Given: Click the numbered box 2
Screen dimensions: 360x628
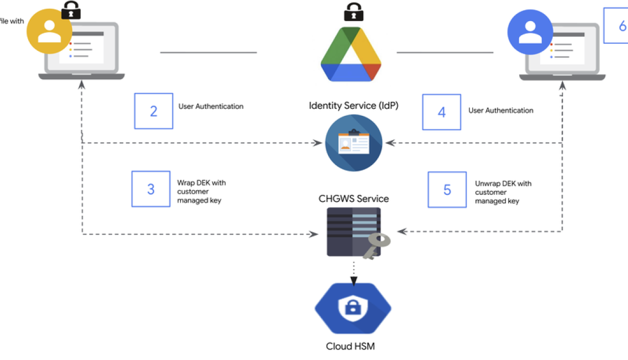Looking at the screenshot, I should click(x=154, y=111).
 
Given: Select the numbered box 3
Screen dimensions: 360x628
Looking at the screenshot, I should click(x=151, y=189).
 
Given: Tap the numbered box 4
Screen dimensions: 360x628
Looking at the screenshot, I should click(x=442, y=112).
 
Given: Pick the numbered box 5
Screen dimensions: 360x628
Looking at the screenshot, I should click(x=447, y=190).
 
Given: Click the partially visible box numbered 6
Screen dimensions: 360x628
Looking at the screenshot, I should click(x=617, y=25).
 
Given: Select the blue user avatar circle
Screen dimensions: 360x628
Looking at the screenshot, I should click(x=531, y=32).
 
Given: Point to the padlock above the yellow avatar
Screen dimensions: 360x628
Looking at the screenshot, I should click(x=71, y=10).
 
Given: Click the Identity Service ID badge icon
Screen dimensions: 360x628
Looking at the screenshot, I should click(x=354, y=143).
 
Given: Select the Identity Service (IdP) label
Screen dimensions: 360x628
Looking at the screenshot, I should click(x=354, y=106).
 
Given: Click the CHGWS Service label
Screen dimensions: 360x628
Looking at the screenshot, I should click(x=354, y=199).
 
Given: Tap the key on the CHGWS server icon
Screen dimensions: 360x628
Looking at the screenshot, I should click(x=375, y=245).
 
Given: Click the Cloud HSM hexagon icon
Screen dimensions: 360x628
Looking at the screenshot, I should click(x=353, y=310).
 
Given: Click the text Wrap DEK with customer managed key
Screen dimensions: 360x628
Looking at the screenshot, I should click(x=201, y=192).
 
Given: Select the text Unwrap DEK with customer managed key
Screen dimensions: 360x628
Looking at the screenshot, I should click(x=502, y=192).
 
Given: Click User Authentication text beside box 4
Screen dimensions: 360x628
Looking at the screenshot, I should click(x=500, y=110).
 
